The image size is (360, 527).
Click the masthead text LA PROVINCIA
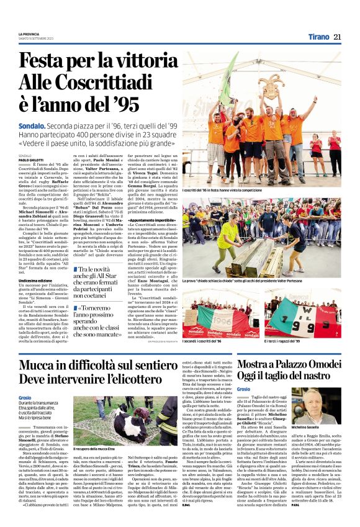point(30,34)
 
